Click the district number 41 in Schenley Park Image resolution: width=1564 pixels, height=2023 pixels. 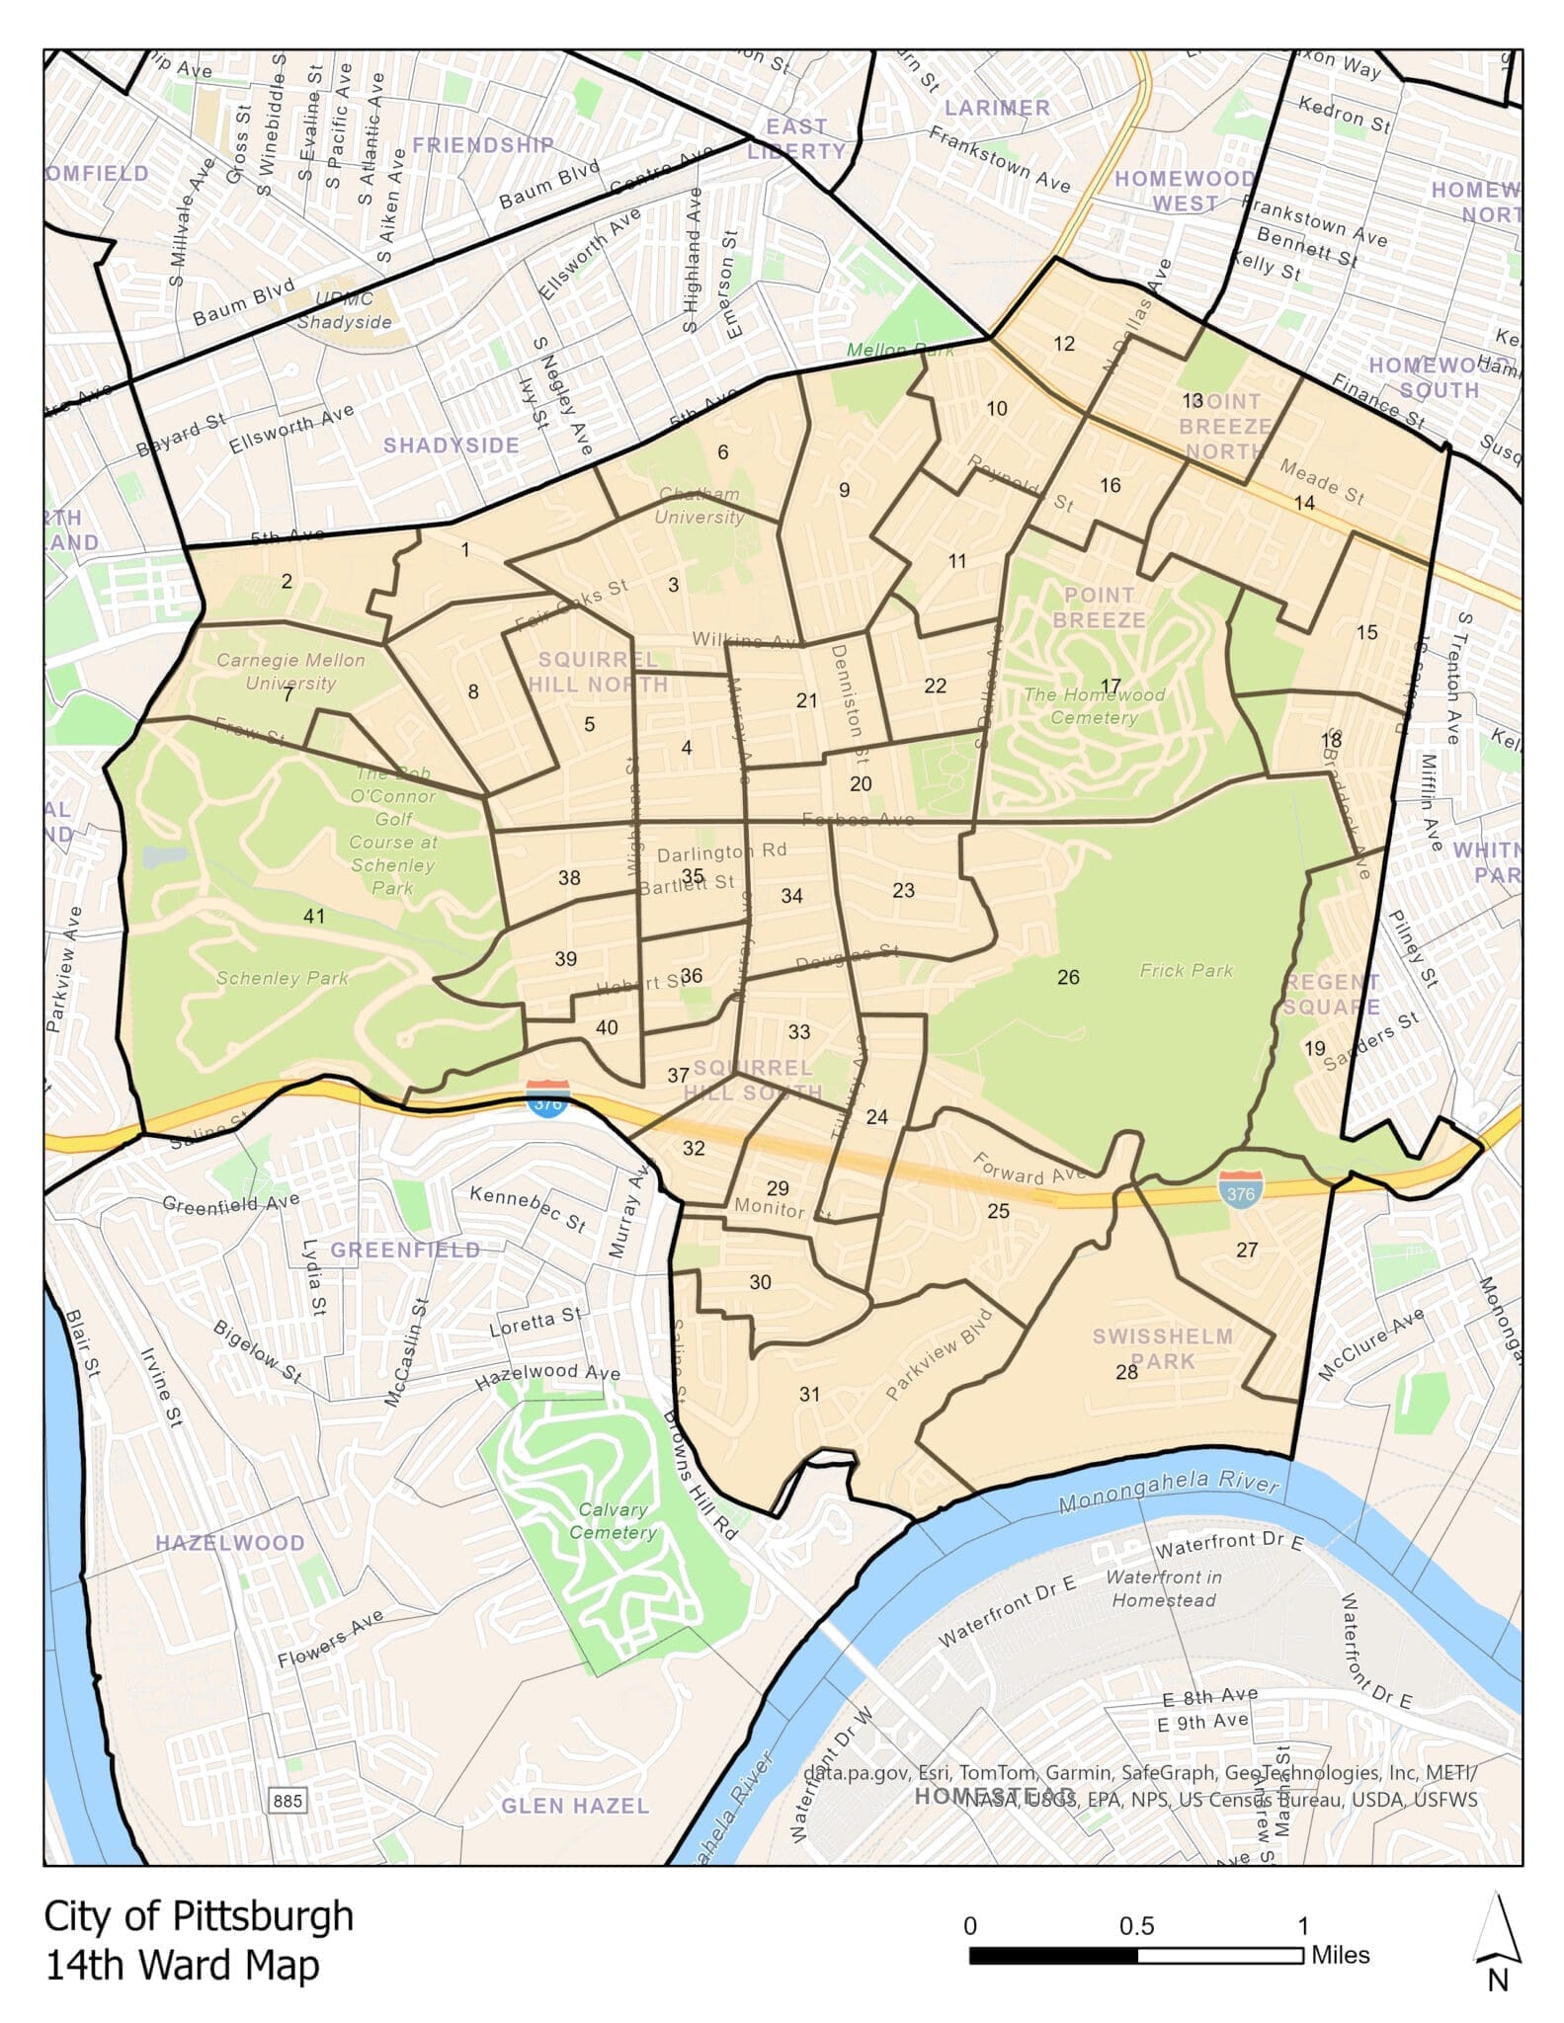[x=313, y=916]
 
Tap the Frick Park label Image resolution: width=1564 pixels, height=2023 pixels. [x=1186, y=970]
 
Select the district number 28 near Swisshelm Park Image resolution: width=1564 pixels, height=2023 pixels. [x=1126, y=1372]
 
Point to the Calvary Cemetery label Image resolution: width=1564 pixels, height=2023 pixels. [x=613, y=1520]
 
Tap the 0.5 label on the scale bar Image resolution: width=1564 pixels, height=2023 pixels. [x=1136, y=1926]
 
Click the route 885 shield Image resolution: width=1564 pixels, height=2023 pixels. [x=288, y=1801]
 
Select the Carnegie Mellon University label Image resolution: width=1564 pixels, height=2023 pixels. [x=290, y=671]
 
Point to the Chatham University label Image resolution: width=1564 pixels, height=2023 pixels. [x=699, y=505]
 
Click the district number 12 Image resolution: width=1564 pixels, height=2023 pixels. [x=1064, y=344]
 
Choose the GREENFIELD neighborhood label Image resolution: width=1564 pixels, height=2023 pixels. [x=405, y=1250]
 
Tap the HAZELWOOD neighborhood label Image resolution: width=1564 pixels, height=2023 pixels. [x=230, y=1543]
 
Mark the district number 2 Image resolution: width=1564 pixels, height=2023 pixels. [x=287, y=581]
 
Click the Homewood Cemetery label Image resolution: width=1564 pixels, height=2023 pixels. [x=1094, y=705]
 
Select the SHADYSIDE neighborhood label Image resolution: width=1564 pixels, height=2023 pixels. [x=452, y=445]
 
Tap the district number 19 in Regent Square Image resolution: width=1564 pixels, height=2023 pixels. [x=1314, y=1048]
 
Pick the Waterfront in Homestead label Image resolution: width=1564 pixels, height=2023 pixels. [x=1164, y=1588]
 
